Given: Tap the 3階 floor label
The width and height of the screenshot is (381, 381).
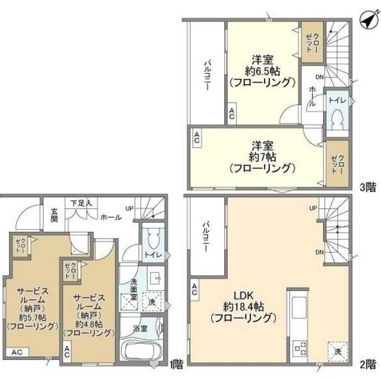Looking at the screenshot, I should (x=368, y=187).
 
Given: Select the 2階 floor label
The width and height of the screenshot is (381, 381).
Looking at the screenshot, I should (x=368, y=365).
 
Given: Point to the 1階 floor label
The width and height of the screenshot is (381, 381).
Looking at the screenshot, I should (x=176, y=365).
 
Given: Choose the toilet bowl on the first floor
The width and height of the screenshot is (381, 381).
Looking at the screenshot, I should (x=154, y=240).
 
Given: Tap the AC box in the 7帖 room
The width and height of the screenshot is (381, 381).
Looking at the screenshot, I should (x=197, y=138).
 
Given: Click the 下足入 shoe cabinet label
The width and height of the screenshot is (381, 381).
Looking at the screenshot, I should (x=81, y=203).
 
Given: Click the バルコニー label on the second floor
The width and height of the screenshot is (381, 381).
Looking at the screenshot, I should (x=206, y=237).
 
